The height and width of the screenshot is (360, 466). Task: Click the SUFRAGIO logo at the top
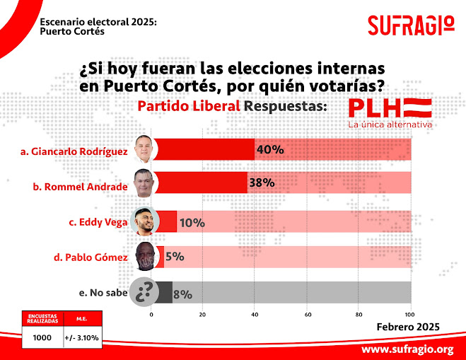coord(411,25)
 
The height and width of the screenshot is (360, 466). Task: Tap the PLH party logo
coord(390,109)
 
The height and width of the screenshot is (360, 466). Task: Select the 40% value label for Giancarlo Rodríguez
coord(269,150)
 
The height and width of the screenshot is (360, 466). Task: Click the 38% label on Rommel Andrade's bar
coord(261,182)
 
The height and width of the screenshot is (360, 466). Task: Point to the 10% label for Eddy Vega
coord(192,223)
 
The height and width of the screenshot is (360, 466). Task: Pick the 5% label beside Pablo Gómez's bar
coord(174,257)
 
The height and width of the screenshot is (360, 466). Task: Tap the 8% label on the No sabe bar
coord(182,292)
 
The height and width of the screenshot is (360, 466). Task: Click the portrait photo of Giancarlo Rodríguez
coord(145,149)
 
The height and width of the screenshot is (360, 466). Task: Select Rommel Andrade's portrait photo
coord(145,182)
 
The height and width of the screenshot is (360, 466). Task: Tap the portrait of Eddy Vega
coord(145,221)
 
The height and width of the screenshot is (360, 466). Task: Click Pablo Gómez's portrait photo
coord(145,256)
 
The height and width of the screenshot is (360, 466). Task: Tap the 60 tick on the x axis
coord(308,313)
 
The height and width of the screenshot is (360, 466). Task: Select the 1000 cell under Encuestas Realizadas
coord(42,337)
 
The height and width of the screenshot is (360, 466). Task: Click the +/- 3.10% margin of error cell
coord(81,337)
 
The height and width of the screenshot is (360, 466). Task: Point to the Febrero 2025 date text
coord(408,326)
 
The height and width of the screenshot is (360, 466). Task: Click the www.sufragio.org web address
coord(407,349)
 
